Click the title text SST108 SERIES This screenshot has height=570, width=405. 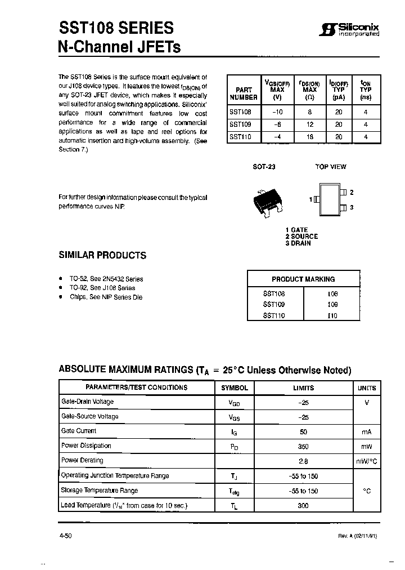coord(116,28)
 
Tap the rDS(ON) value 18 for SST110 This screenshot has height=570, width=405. coord(310,136)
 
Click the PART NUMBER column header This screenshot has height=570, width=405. coord(244,93)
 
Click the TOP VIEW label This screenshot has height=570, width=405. coord(331,167)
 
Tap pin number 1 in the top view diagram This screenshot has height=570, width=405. coord(310,199)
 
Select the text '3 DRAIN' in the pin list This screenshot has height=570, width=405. coord(298,243)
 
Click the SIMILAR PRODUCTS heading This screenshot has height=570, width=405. coord(102,255)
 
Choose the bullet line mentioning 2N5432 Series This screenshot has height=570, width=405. coord(106,279)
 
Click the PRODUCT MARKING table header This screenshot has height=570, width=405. coord(303,279)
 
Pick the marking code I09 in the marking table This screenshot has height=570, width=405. coord(332,304)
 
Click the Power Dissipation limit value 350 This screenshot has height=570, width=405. coord(303,446)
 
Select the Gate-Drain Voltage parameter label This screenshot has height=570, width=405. coord(87,402)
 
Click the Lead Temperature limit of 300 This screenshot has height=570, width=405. coord(303,506)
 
